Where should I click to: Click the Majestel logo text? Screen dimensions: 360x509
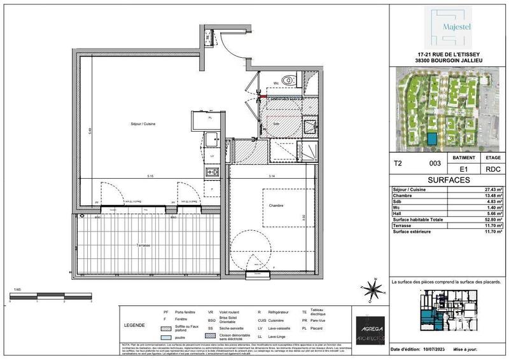448,29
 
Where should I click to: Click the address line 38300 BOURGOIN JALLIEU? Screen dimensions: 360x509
447,61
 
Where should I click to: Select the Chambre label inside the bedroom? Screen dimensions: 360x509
275,205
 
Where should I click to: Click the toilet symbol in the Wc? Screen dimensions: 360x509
290,80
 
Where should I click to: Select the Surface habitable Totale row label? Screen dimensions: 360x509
421,219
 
